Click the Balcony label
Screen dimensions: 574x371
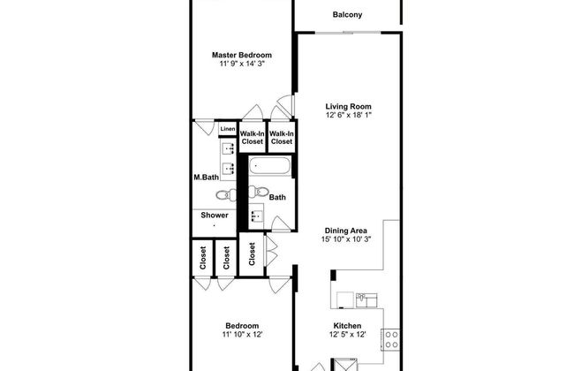pos(347,15)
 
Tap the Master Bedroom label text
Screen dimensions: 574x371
pos(242,55)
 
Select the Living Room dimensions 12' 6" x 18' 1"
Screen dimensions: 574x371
pos(348,115)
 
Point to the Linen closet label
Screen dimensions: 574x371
pos(228,129)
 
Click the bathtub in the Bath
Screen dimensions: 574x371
pos(270,166)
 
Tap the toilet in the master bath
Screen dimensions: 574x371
pos(226,194)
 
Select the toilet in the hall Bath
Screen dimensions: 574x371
pos(258,191)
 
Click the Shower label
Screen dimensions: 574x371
pos(215,215)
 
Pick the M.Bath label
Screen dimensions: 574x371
pos(206,178)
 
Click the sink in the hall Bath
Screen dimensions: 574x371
pos(256,216)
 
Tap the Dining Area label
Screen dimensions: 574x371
pos(345,231)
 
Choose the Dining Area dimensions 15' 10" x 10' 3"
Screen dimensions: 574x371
pos(346,239)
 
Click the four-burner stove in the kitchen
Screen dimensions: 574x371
pos(390,339)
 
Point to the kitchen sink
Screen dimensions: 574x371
pos(366,300)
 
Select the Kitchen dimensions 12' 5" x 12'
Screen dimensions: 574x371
pos(347,335)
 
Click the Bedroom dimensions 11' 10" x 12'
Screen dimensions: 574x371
pos(242,335)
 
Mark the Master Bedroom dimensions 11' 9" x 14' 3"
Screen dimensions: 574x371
pos(242,64)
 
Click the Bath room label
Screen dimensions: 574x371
pos(277,197)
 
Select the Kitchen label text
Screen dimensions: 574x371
pos(347,326)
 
